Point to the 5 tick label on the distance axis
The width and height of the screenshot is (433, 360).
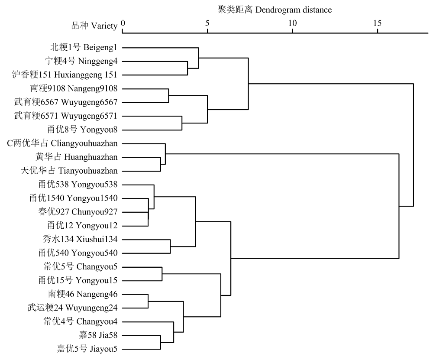pyautogui.click(x=207, y=23)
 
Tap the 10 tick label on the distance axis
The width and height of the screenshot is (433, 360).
pyautogui.click(x=292, y=23)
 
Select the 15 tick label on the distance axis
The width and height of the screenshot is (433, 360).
pyautogui.click(x=378, y=23)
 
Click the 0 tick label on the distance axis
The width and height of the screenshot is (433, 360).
pyautogui.click(x=123, y=23)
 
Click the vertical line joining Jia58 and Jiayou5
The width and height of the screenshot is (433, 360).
pyautogui.click(x=161, y=343)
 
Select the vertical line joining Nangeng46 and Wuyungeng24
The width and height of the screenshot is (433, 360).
pyautogui.click(x=148, y=301)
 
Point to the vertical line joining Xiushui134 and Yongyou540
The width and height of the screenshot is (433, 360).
pyautogui.click(x=170, y=246)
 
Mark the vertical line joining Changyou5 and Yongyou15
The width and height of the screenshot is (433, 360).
pyautogui.click(x=162, y=274)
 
